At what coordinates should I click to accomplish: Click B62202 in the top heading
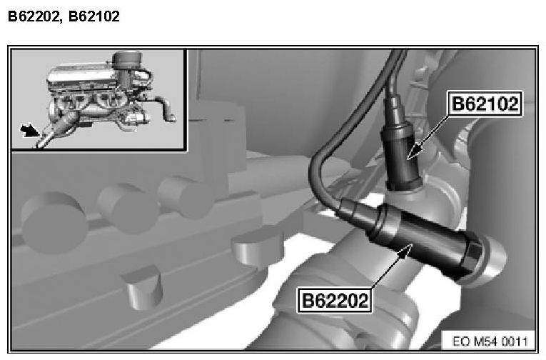[x=33, y=16]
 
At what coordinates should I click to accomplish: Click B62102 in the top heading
[x=94, y=16]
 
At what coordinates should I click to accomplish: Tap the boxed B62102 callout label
[x=485, y=104]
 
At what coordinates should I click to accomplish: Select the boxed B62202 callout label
[x=335, y=300]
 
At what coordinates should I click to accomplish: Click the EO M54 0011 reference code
[x=490, y=341]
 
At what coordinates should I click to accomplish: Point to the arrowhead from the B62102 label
[x=415, y=152]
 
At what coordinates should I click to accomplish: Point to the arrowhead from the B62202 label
[x=405, y=251]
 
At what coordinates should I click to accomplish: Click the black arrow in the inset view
[x=29, y=130]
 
